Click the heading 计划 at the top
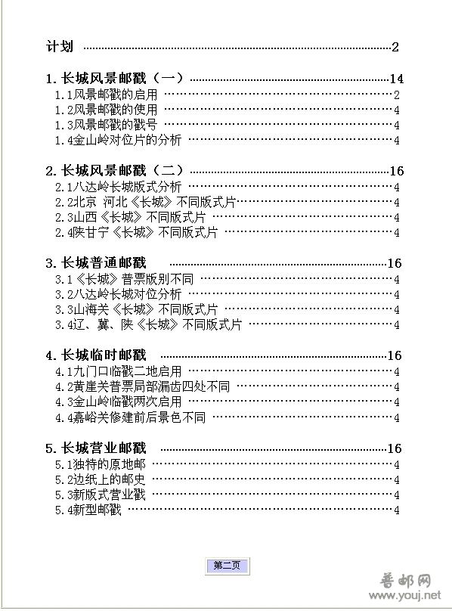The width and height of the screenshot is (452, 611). click(x=60, y=47)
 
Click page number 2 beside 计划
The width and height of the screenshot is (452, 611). click(x=395, y=47)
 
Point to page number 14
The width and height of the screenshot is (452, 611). click(x=396, y=79)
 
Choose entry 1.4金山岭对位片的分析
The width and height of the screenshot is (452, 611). click(x=118, y=140)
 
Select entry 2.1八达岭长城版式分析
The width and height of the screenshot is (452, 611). click(x=118, y=187)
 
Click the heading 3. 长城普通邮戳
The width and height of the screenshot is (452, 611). click(x=95, y=263)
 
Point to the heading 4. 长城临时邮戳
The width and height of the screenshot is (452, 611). click(x=95, y=355)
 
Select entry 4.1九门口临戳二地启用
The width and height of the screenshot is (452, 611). click(x=118, y=371)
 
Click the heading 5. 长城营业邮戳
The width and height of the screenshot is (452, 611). click(x=95, y=448)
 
